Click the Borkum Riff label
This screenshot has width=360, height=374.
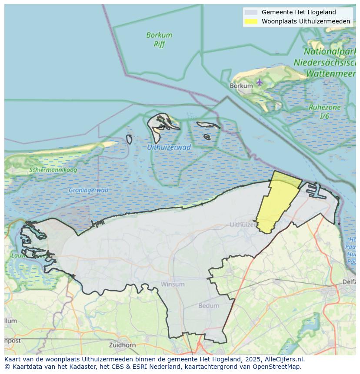point(159,39)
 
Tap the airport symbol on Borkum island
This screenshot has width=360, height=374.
point(260,82)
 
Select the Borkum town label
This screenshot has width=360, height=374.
point(241,86)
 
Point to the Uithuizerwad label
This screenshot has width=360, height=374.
point(169,147)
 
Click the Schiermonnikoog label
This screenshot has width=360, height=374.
point(53,170)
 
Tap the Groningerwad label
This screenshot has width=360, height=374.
point(88,190)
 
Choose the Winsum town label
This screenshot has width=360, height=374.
point(173,284)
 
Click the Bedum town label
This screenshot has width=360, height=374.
point(209,305)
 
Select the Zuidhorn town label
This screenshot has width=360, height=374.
point(123,345)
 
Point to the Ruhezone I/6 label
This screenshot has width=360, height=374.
point(324,112)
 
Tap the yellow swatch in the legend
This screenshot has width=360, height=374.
point(251,21)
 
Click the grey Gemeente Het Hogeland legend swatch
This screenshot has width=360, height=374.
point(251,12)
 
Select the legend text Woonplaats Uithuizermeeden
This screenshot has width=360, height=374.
point(306,21)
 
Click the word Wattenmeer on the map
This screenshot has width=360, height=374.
point(330,73)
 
